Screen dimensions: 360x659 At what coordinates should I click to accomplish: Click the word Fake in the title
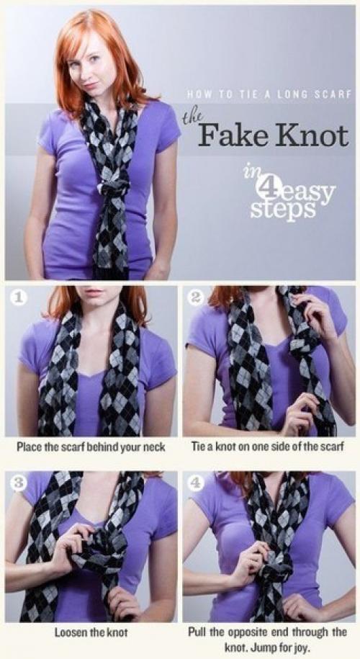pos(228,135)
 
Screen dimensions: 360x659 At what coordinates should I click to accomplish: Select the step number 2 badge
pos(194,297)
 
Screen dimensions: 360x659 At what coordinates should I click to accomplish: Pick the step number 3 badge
pos(16,482)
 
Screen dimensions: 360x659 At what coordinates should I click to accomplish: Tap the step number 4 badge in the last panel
pos(194,482)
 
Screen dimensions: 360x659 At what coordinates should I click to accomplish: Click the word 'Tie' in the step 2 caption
pos(198,447)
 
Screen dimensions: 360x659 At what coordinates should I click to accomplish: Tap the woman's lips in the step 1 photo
pos(94,291)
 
